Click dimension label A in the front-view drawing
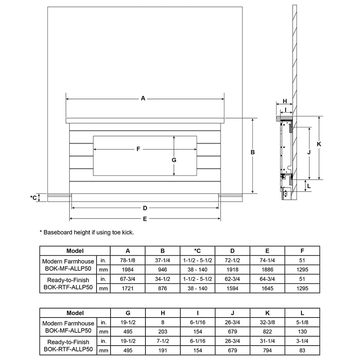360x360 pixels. click(143, 98)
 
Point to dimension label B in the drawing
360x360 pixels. click(253, 152)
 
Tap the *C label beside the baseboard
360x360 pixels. click(33, 197)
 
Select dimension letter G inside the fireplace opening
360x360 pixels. click(174, 160)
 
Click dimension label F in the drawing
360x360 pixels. click(138, 149)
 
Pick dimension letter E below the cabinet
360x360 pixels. click(145, 219)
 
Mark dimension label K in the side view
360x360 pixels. click(319, 144)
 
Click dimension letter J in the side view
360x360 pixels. click(309, 152)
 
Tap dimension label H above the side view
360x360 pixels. click(284, 101)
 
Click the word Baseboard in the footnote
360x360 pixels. click(57, 233)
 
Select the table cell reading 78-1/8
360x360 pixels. click(128, 260)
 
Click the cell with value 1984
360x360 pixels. click(128, 270)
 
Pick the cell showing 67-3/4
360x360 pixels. click(128, 279)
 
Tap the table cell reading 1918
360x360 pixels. click(233, 270)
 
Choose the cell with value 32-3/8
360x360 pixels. click(267, 322)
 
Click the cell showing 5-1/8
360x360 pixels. click(302, 322)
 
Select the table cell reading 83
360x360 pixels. click(302, 350)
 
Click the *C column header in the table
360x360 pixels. click(198, 251)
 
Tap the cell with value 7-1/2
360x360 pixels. click(163, 341)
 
